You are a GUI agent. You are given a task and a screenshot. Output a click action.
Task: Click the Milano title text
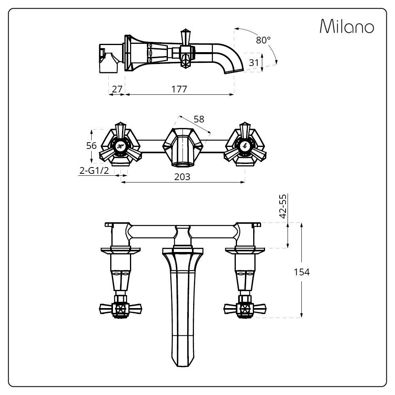[347, 26]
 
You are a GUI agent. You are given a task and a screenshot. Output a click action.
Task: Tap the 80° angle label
[263, 40]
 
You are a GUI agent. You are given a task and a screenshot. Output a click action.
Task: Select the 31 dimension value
[254, 63]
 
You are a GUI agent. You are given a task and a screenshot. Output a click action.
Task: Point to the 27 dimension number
[117, 89]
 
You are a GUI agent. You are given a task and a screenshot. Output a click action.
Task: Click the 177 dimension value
[179, 89]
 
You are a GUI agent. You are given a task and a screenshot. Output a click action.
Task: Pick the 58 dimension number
[199, 119]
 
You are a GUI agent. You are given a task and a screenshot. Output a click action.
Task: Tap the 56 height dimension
[92, 146]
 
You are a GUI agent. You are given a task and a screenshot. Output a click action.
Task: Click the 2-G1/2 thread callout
[94, 171]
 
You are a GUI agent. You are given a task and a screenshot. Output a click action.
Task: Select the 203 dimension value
[182, 177]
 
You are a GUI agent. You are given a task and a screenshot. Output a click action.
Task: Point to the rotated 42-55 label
[283, 206]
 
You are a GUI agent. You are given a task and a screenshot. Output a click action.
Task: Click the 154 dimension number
[301, 272]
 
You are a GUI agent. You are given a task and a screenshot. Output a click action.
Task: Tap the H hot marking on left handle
[120, 146]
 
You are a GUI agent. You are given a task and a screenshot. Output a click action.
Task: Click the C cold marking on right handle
[244, 146]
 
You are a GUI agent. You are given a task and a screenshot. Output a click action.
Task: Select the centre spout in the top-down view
[182, 147]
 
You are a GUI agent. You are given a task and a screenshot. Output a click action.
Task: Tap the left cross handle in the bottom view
[120, 308]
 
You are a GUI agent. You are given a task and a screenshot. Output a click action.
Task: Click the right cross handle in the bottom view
[245, 308]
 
